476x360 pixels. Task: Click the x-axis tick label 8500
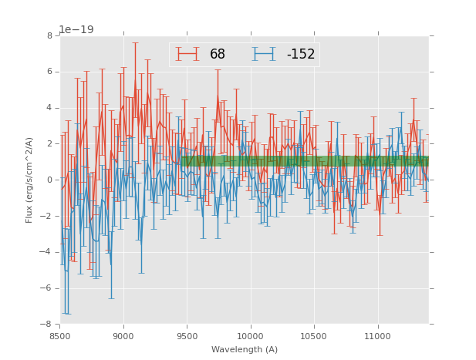tap(60, 336)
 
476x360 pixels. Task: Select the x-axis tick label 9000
tap(123, 336)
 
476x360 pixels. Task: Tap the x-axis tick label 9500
tap(187, 336)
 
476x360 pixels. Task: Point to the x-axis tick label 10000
tap(250, 336)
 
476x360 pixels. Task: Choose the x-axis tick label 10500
tap(314, 336)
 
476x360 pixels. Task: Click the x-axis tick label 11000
tap(377, 336)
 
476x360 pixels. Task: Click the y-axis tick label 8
tap(49, 35)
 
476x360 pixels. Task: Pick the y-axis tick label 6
tap(49, 72)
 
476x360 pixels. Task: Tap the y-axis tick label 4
tap(49, 108)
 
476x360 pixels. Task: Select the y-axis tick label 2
tap(49, 144)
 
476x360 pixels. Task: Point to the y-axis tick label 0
tap(49, 180)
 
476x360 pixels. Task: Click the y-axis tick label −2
tap(47, 216)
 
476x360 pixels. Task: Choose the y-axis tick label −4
tap(47, 252)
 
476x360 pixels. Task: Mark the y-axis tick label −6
tap(47, 288)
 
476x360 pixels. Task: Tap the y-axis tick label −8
tap(47, 325)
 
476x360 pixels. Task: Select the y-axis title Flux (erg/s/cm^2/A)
tap(29, 180)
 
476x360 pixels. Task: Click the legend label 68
tap(218, 55)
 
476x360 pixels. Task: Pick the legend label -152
tap(300, 55)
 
